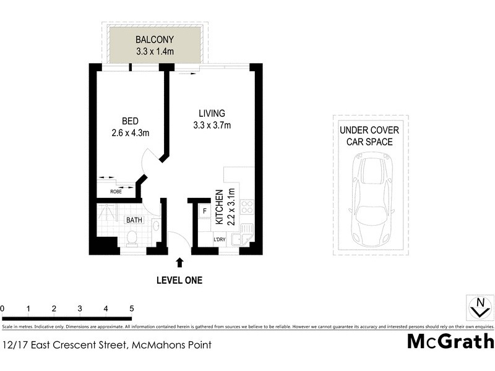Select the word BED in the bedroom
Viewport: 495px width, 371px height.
(x=129, y=121)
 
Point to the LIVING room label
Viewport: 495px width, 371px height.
(x=211, y=114)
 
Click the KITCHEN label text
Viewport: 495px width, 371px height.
(x=218, y=207)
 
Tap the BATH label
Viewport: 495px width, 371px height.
(x=134, y=220)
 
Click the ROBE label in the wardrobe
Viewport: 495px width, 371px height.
(x=116, y=192)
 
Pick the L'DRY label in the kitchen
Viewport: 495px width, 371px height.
(x=219, y=239)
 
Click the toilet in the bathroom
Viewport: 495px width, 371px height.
(x=131, y=237)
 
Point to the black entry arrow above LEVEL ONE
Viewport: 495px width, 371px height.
(x=179, y=262)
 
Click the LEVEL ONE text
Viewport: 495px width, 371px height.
(x=179, y=280)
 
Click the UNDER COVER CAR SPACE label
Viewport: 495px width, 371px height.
(x=370, y=136)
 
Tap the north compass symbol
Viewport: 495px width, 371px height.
(x=478, y=307)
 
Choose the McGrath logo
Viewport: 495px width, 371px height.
(x=450, y=341)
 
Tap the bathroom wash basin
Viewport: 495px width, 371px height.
(x=155, y=226)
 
